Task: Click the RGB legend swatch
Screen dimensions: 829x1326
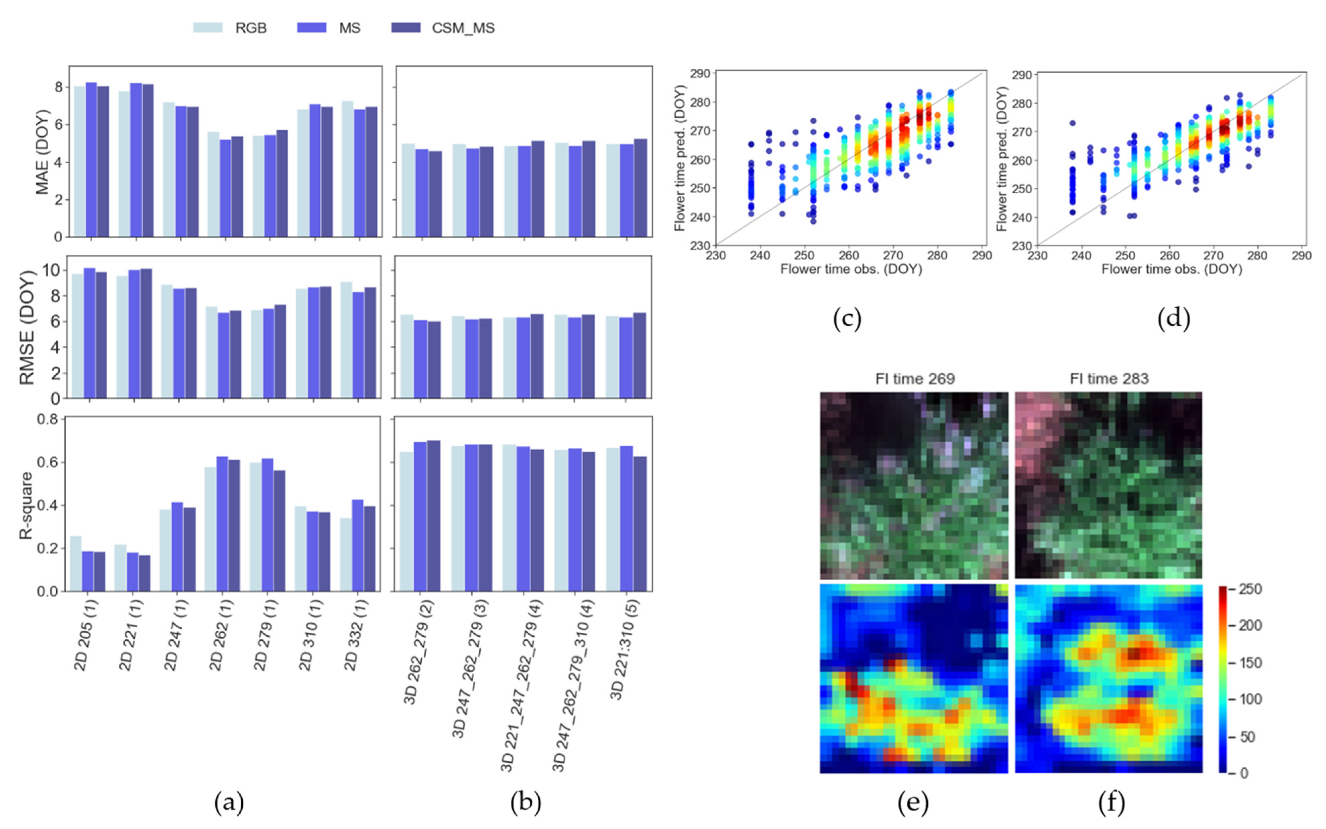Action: pyautogui.click(x=208, y=27)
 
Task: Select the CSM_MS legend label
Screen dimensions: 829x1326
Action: pyautogui.click(x=463, y=28)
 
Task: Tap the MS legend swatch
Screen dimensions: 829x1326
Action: pyautogui.click(x=311, y=27)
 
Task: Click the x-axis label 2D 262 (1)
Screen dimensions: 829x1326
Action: pyautogui.click(x=221, y=635)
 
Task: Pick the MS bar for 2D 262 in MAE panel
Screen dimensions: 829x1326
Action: pyautogui.click(x=225, y=188)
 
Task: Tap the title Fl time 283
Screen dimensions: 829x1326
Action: pyautogui.click(x=1109, y=379)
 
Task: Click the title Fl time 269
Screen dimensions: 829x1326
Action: pyautogui.click(x=915, y=379)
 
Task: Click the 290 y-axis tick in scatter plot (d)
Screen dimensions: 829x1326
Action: pyautogui.click(x=1021, y=75)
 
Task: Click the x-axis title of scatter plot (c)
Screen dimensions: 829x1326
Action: pyautogui.click(x=851, y=269)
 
